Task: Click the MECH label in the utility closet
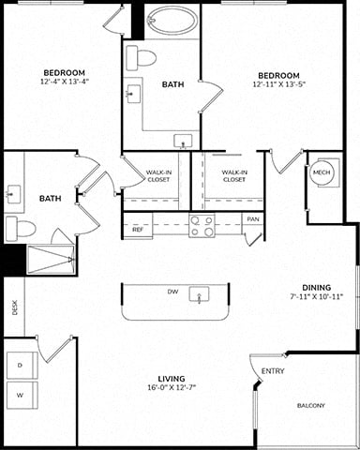[322, 172]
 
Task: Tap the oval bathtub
[172, 20]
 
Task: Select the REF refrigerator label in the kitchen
[138, 230]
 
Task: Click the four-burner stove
[202, 226]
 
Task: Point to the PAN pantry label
[253, 219]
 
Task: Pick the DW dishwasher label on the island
[172, 292]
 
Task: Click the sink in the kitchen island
[199, 294]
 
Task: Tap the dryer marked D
[22, 365]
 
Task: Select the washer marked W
[22, 395]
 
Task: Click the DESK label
[14, 307]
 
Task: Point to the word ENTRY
[273, 371]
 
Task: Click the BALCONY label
[311, 406]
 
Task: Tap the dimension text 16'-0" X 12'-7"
[172, 387]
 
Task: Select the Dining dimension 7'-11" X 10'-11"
[317, 296]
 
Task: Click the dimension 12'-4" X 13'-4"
[65, 82]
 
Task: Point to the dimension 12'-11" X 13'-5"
[278, 83]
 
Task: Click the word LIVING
[172, 379]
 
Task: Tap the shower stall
[52, 260]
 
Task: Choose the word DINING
[317, 288]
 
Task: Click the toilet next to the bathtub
[142, 58]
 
